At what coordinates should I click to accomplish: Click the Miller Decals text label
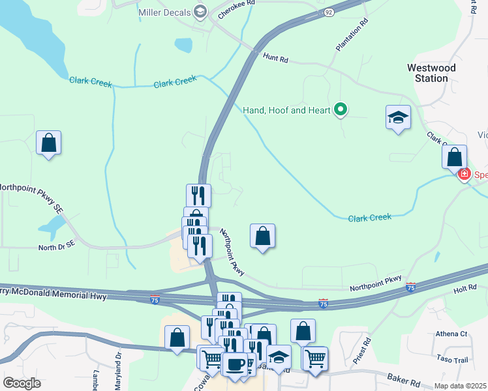164,13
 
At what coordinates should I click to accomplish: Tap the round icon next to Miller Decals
200,12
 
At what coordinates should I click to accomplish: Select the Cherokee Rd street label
236,9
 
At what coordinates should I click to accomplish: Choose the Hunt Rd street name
275,58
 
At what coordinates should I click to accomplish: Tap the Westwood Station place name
427,72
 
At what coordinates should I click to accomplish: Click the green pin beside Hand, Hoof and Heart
340,109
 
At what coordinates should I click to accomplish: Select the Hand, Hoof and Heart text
287,110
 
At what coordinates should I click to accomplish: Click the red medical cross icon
464,174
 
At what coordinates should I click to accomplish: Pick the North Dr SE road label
57,247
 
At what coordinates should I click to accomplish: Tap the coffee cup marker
234,363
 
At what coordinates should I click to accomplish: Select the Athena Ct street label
453,334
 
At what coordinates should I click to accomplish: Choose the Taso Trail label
453,359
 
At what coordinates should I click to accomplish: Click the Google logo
22,383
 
